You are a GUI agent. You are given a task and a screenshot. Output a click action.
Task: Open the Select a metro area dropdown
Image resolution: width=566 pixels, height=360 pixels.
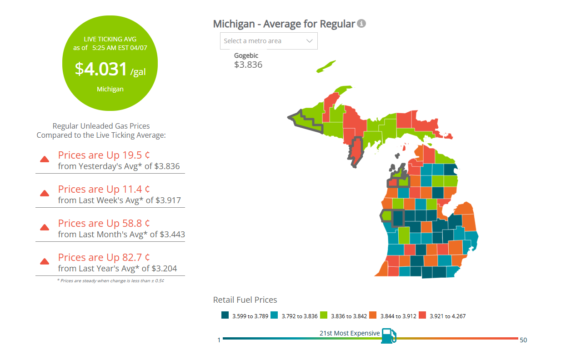pos(269,41)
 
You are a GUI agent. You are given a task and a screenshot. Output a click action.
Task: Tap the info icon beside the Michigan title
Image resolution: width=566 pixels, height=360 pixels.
pos(361,24)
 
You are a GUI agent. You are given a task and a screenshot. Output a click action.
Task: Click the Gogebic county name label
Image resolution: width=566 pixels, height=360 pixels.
pos(246,55)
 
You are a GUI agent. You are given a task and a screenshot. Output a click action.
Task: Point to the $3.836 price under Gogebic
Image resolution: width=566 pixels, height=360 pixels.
pos(248,65)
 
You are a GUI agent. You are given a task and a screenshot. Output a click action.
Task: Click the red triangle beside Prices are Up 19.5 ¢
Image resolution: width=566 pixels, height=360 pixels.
pos(45,159)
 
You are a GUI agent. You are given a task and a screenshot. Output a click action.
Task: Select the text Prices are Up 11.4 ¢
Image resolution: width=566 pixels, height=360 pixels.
pos(104,189)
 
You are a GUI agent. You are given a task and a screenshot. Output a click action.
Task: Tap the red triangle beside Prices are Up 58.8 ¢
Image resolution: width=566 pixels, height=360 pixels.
pos(45,227)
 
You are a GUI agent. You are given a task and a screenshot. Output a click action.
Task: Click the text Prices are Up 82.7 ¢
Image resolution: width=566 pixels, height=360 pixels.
pos(104,257)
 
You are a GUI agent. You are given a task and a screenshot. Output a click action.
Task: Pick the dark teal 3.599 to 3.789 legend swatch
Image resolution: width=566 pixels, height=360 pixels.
pos(225,315)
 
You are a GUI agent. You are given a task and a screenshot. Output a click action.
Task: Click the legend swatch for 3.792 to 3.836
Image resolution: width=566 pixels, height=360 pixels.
pos(274,315)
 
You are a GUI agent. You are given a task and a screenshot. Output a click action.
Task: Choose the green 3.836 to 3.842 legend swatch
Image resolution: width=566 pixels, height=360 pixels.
pos(324,315)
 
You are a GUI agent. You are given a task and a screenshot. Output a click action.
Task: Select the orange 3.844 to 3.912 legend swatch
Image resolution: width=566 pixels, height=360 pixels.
pos(373,315)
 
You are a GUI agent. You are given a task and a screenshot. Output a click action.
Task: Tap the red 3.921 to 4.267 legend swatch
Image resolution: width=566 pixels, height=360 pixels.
pos(422,315)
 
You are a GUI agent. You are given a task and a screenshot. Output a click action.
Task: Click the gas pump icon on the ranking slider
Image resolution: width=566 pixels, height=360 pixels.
pos(388,336)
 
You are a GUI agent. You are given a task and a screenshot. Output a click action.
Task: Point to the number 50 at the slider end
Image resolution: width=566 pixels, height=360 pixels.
pos(523,340)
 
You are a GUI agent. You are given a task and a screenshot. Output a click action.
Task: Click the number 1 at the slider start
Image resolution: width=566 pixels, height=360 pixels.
pos(219,340)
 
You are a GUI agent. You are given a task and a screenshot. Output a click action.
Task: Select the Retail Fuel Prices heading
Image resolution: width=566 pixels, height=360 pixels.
pos(245,300)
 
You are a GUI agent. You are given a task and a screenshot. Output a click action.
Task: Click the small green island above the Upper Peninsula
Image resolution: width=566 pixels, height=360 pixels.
pos(326,66)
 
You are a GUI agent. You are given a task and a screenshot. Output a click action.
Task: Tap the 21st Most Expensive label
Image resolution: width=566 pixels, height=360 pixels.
pos(349,333)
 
